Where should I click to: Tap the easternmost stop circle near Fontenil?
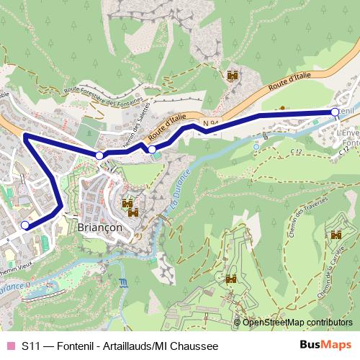click(x=335, y=112)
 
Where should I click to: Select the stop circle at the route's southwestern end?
click(x=25, y=225)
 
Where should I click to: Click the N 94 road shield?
click(x=210, y=124)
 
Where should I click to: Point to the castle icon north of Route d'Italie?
click(x=233, y=75)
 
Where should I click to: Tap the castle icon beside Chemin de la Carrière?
click(x=336, y=235)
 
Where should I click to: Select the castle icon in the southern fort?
click(x=231, y=279)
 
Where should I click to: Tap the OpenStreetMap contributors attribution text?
click(x=298, y=323)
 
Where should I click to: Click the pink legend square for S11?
click(x=10, y=346)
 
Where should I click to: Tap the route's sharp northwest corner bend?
click(x=26, y=135)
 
